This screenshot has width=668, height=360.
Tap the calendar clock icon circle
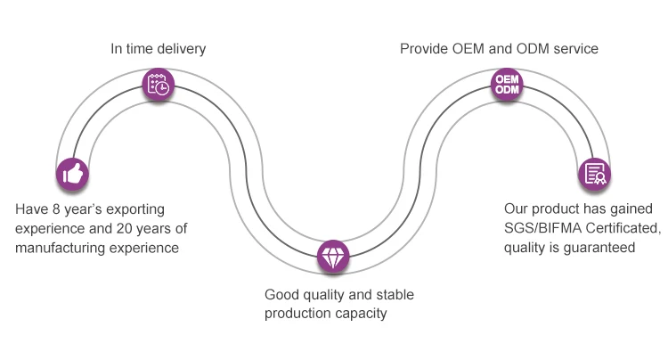159,85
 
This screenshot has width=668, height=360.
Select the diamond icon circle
331,255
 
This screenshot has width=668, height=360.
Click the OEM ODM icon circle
506,84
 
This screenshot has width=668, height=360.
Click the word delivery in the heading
181,48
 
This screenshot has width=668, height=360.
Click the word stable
395,294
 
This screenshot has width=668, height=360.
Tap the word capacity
365,314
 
